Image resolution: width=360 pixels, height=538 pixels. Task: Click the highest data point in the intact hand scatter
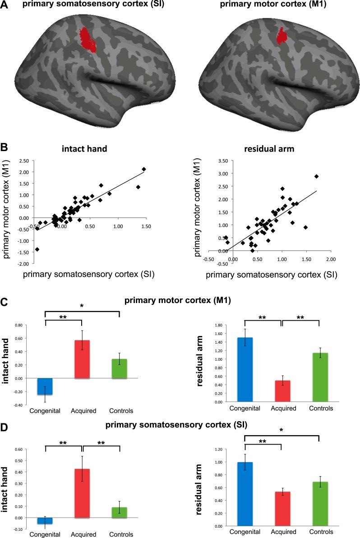coord(144,169)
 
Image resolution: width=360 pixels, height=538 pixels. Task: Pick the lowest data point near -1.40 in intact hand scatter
coord(37,249)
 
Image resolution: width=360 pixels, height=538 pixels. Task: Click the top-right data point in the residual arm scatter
coord(316,176)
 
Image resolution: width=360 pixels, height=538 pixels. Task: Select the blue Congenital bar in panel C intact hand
coord(45,386)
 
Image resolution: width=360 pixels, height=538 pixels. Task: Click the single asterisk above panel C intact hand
coord(82,306)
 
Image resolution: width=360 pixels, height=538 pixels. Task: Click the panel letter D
coord(5,425)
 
